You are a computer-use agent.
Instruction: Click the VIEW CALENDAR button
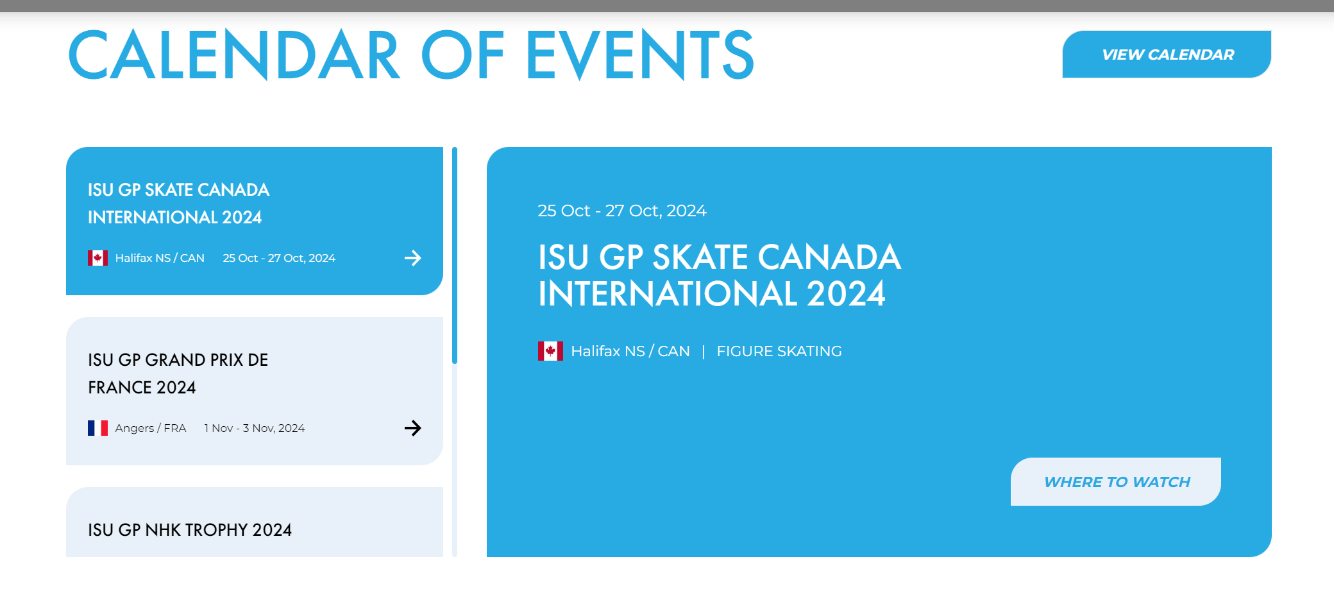pos(1167,55)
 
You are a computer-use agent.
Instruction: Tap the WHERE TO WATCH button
pos(1116,482)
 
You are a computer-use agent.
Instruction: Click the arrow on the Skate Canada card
pos(413,258)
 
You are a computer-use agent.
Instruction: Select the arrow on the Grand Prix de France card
pos(413,428)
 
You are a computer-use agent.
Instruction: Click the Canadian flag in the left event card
pos(97,258)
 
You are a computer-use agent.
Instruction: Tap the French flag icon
pos(97,428)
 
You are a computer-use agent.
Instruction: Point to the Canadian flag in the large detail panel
pos(550,351)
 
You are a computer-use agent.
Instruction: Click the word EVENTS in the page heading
pos(640,55)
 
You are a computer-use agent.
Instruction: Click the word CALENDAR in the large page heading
pos(234,55)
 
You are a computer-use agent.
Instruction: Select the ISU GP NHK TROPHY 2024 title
pos(190,530)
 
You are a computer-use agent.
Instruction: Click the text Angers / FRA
pos(151,428)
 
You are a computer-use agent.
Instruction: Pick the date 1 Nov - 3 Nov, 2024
pos(255,428)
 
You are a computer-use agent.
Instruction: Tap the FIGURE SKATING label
pos(779,352)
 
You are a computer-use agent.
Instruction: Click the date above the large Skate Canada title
pos(622,211)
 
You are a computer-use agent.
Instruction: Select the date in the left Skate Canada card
pos(279,258)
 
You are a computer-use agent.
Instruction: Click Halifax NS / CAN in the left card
pos(160,258)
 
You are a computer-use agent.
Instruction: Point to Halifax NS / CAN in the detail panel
pos(630,352)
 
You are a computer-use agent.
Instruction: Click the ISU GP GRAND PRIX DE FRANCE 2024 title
pos(178,374)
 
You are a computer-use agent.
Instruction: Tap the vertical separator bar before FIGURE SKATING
pos(704,352)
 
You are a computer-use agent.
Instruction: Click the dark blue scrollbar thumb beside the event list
pos(455,255)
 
